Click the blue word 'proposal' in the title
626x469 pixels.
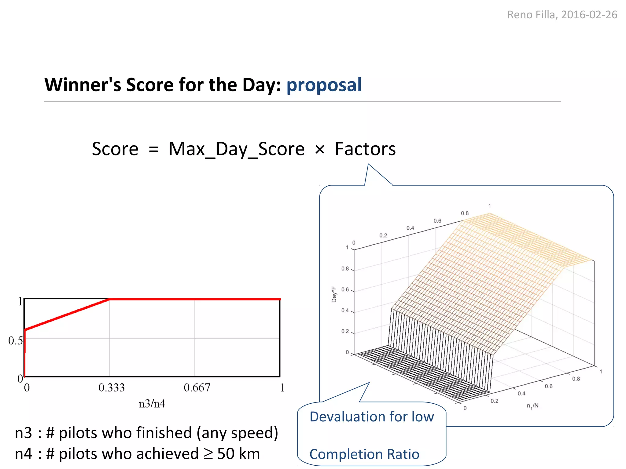pyautogui.click(x=324, y=85)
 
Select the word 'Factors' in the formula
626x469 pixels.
pyautogui.click(x=365, y=149)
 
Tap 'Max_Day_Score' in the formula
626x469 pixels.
pyautogui.click(x=237, y=149)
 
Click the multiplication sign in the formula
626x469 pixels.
pyautogui.click(x=319, y=150)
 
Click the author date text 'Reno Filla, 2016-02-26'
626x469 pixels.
pyautogui.click(x=562, y=15)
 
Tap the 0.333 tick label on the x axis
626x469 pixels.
pyautogui.click(x=112, y=388)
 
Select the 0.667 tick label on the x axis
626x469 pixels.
pyautogui.click(x=197, y=388)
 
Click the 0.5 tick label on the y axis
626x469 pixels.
pyautogui.click(x=15, y=340)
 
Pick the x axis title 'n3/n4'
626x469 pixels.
pyautogui.click(x=152, y=404)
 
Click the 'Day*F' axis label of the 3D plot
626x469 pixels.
pyautogui.click(x=334, y=294)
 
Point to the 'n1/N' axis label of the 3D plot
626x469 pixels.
pyautogui.click(x=532, y=406)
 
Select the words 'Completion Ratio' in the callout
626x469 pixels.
pyautogui.click(x=364, y=454)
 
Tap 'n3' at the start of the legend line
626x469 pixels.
pyautogui.click(x=23, y=433)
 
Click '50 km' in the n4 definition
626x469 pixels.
pyautogui.click(x=238, y=454)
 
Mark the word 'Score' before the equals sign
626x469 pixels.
pyautogui.click(x=115, y=149)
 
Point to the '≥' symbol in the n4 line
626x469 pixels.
pyautogui.click(x=208, y=454)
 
